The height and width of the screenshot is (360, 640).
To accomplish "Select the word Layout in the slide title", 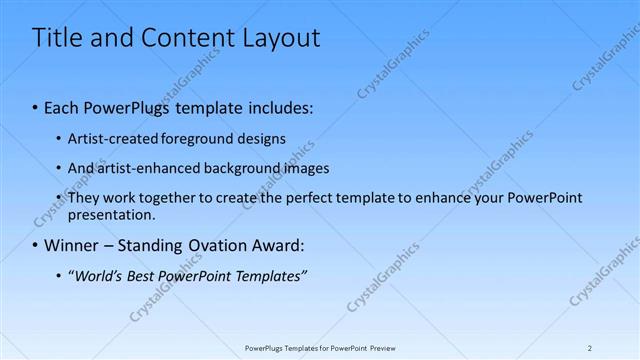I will (274, 39).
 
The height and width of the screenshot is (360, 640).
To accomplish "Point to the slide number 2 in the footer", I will (590, 348).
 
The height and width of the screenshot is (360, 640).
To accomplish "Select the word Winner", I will (71, 245).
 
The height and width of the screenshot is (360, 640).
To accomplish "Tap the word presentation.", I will (111, 214).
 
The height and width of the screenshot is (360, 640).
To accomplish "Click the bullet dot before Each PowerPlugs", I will (35, 105).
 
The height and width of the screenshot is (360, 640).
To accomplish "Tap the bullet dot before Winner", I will (35, 245).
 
